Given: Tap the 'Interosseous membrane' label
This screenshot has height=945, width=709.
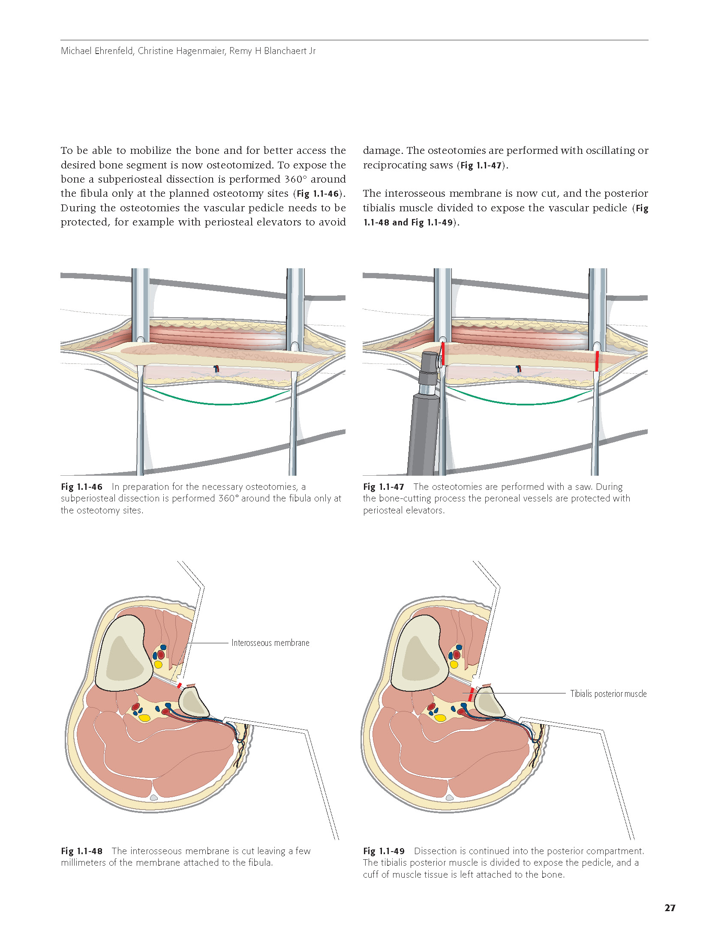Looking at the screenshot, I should click(270, 643).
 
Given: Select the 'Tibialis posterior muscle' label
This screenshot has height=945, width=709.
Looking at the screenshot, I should click(608, 693).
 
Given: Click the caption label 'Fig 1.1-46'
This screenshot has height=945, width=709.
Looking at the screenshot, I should click(81, 487).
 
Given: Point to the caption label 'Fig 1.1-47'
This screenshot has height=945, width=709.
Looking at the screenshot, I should click(383, 487).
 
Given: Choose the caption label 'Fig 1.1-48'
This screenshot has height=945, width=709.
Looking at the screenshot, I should click(81, 851).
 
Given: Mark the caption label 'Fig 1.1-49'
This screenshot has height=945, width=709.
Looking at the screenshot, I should click(383, 851).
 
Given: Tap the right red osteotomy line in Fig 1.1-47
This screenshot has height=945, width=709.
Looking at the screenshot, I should click(597, 361).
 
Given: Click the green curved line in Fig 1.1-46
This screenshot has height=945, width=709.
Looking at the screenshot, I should click(219, 403).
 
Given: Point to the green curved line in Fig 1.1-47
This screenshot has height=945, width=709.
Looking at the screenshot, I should click(521, 403).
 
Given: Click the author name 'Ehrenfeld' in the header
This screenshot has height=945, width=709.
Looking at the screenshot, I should click(114, 51).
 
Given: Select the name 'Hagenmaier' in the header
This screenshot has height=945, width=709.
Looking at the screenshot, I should click(202, 51).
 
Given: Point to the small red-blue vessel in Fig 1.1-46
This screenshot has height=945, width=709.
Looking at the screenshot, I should click(216, 368).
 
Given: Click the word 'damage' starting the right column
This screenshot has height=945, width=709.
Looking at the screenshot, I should click(382, 150).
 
